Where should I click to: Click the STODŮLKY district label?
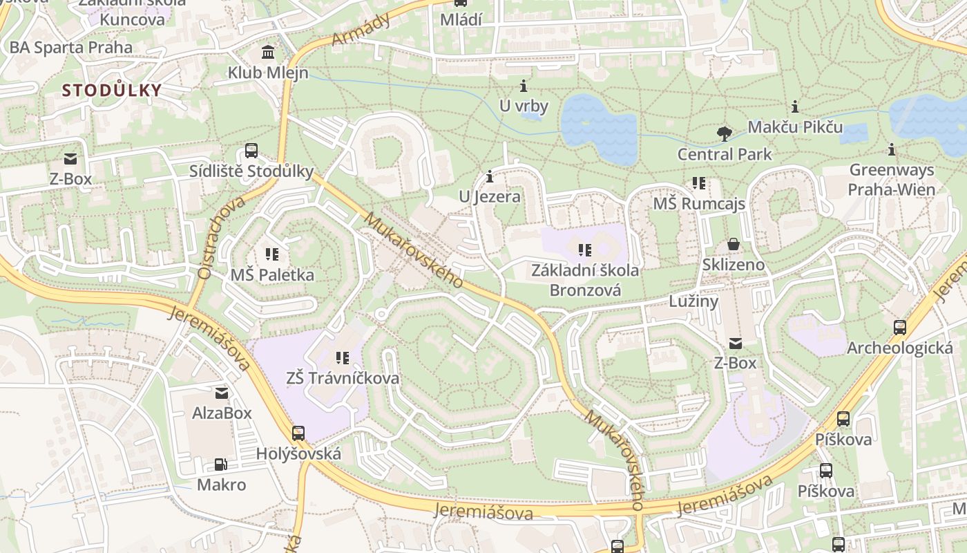[x=112, y=90]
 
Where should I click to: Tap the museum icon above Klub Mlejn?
[x=268, y=52]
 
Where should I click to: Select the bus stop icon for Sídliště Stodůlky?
[x=251, y=151]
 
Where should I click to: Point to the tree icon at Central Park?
[x=724, y=133]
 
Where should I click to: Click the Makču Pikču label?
[x=795, y=127]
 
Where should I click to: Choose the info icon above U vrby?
[x=524, y=86]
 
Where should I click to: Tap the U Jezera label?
[x=490, y=197]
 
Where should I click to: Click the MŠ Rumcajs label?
[x=699, y=204]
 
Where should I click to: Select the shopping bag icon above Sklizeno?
[x=734, y=244]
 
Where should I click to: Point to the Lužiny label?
[x=693, y=301]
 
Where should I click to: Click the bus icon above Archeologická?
[x=899, y=328]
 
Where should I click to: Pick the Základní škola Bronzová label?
[x=585, y=279]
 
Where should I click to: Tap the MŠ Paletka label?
[x=272, y=274]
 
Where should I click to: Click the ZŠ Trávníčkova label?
[x=343, y=378]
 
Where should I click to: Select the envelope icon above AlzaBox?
[x=222, y=393]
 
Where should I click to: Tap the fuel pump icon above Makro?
[x=221, y=465]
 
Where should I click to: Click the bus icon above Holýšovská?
[x=298, y=433]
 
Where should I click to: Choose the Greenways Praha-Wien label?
[x=891, y=180]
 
